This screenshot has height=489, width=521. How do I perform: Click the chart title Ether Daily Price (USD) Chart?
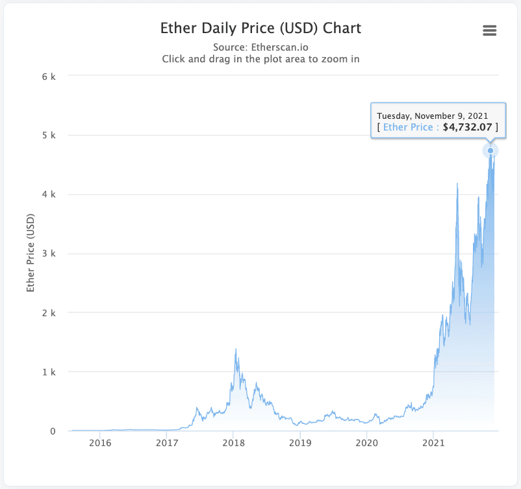[260, 29]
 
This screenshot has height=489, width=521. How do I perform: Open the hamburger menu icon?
[490, 31]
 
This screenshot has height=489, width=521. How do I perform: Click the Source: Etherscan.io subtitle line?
[260, 47]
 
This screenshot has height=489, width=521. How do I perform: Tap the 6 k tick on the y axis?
[49, 76]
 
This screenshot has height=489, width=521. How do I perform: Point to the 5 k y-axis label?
[49, 135]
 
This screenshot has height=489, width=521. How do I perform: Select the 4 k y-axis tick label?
[49, 194]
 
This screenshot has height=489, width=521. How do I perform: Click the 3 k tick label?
[49, 253]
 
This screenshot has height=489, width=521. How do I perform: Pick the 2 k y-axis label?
[49, 312]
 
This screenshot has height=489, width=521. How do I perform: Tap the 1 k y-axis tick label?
[49, 371]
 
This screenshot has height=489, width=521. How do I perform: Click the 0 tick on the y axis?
[53, 431]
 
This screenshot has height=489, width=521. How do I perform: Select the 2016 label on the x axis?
[100, 444]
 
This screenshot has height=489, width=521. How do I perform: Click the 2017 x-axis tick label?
[167, 444]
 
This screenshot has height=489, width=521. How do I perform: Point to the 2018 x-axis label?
[233, 444]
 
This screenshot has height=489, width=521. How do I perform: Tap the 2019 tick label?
[300, 444]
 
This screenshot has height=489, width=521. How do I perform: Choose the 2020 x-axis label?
[366, 444]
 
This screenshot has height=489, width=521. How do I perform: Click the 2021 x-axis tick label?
[433, 444]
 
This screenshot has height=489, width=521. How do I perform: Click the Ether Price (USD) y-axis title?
[30, 253]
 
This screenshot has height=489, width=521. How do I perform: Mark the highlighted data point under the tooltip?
[490, 151]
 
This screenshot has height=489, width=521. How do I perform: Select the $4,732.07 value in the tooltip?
[468, 127]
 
